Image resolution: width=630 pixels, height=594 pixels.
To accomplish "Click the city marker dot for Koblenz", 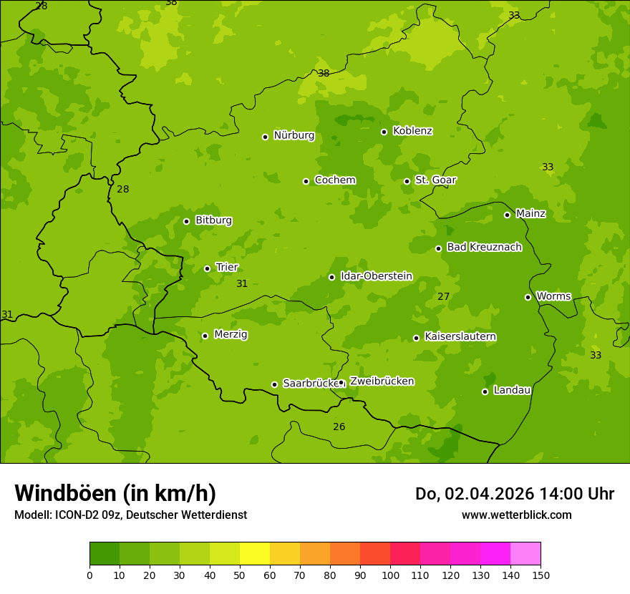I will tap(384, 132).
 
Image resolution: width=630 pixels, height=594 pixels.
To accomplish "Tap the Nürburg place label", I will tap(294, 135).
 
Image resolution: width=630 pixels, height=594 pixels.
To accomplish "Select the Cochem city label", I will tap(334, 180).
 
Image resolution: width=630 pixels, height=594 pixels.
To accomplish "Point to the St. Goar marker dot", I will tap(407, 181).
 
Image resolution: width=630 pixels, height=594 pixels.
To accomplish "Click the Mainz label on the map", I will tap(530, 214).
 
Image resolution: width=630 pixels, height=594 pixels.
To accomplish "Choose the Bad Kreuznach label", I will tap(484, 248).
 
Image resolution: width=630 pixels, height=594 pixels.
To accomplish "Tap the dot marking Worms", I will tap(528, 297).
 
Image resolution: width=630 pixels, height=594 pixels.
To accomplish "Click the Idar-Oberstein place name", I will tap(376, 276).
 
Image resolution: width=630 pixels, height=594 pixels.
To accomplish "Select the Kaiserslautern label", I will tap(460, 337).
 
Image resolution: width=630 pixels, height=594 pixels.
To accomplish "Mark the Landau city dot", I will tap(485, 391).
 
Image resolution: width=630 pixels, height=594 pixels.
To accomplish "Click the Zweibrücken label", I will tap(382, 381).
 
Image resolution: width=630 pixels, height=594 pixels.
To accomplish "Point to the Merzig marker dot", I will tap(205, 336).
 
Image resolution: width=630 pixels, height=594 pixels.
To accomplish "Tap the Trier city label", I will tap(226, 268).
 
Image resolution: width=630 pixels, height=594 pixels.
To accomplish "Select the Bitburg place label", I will tap(213, 220).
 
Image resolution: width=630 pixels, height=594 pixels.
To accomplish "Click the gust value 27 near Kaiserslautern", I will tap(444, 297).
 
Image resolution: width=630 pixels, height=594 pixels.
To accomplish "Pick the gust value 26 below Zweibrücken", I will tap(339, 427).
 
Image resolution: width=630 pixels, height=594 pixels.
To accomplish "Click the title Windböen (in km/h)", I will tap(115, 493).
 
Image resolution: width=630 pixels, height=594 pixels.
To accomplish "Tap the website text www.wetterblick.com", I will tap(516, 515).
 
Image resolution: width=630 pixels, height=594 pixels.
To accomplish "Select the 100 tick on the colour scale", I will tap(390, 575).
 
